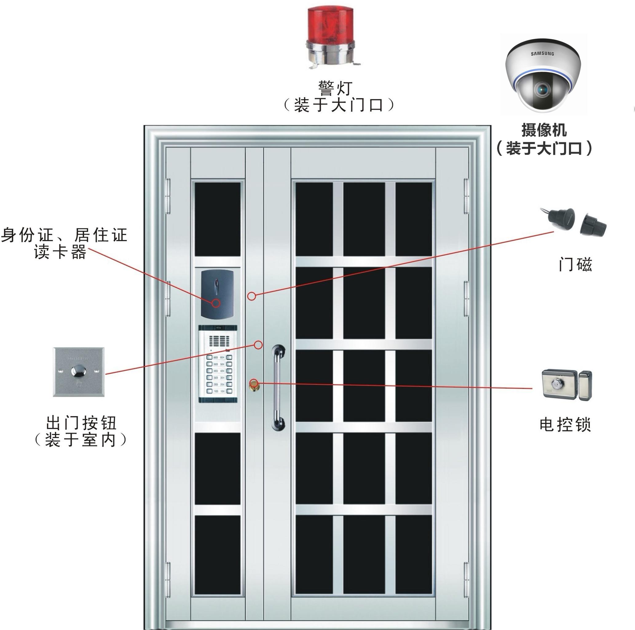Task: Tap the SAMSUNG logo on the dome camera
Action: (542, 53)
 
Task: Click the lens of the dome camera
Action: (541, 89)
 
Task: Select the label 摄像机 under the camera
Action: (544, 130)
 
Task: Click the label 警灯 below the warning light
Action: (335, 88)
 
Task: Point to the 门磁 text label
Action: (575, 264)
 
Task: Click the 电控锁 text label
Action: (565, 425)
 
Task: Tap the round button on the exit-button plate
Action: (79, 372)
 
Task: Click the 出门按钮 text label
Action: (81, 423)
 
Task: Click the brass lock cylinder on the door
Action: (253, 384)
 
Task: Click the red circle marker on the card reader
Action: (215, 303)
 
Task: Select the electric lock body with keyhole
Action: (559, 384)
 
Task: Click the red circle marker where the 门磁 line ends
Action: (251, 296)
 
